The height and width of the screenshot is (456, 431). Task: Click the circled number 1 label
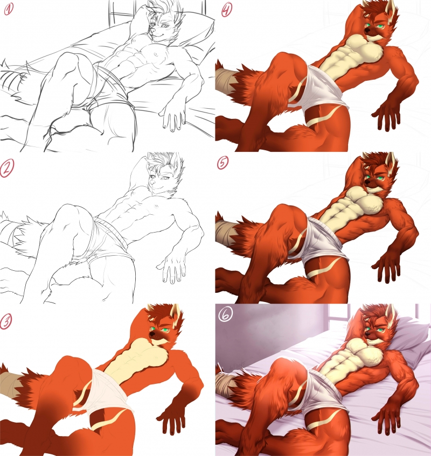click(9, 10)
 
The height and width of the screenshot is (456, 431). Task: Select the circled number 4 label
click(227, 10)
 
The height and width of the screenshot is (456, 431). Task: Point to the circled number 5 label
click(223, 163)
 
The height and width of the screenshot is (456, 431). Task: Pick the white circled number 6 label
click(226, 315)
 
